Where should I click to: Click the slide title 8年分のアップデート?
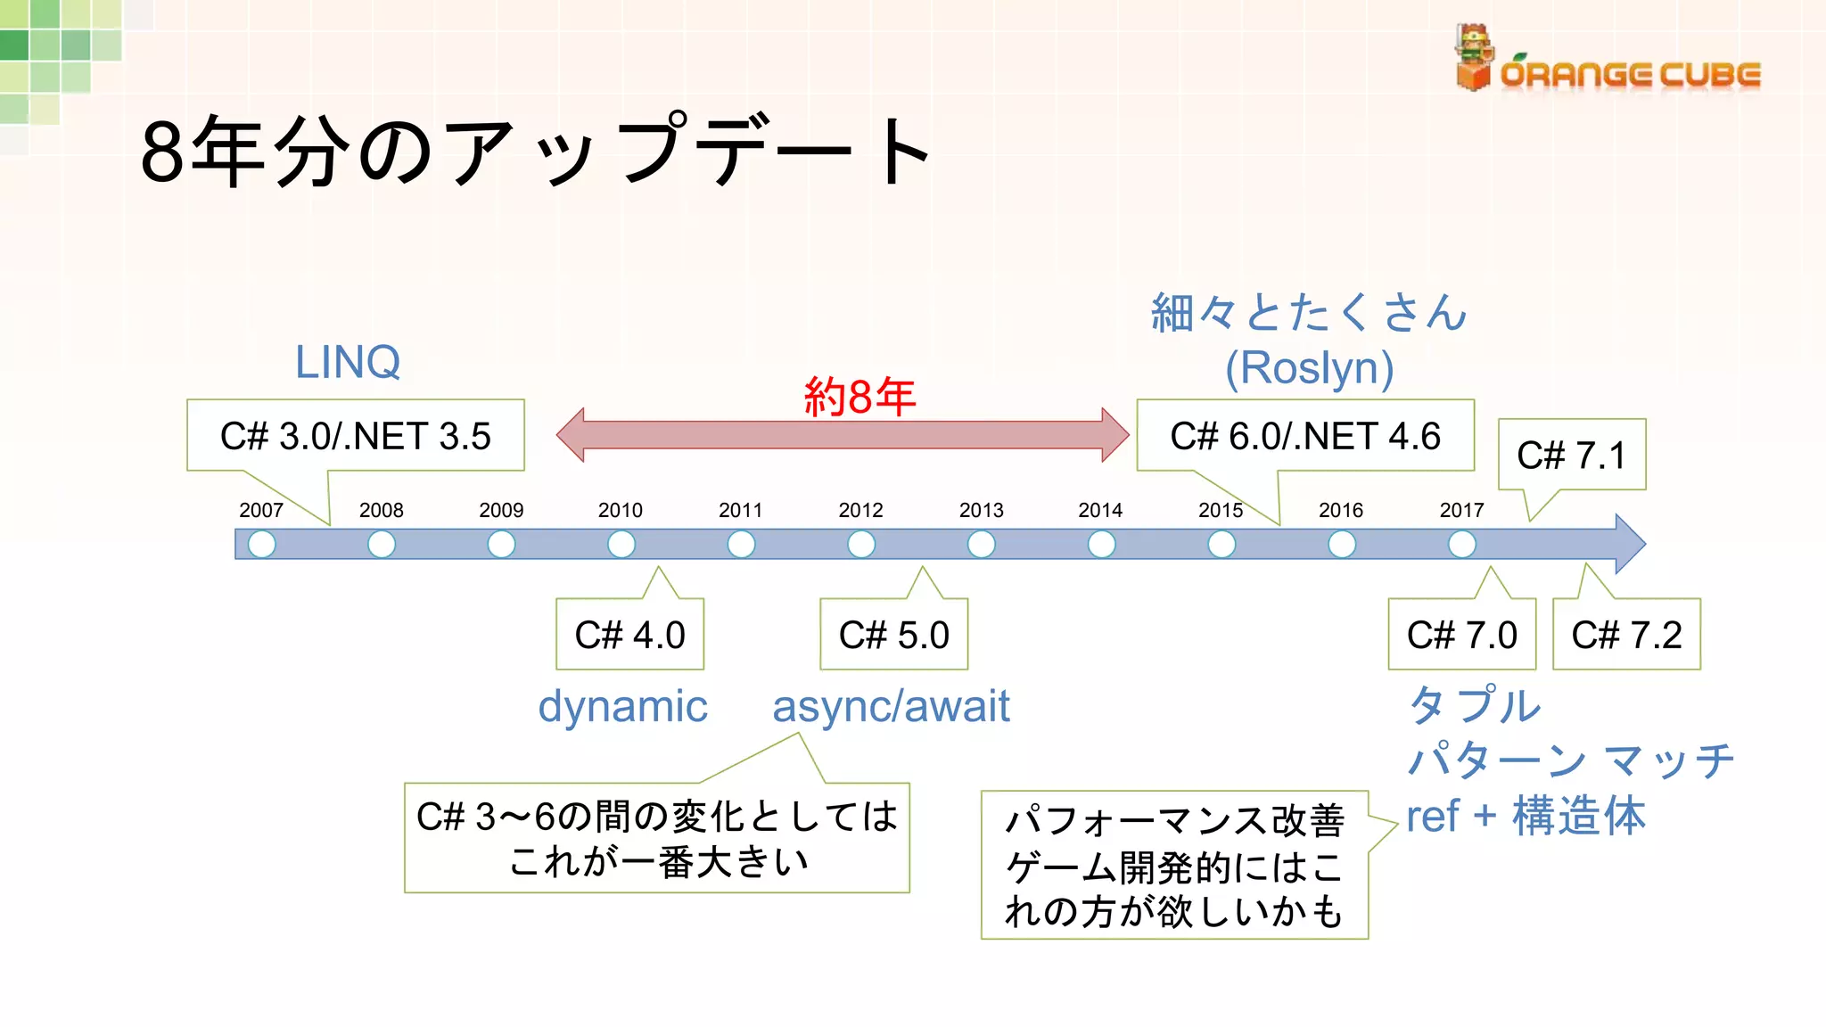click(x=535, y=152)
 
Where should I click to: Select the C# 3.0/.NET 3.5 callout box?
click(x=355, y=436)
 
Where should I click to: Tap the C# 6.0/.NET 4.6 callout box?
click(x=1304, y=436)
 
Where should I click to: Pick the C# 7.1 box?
click(x=1571, y=456)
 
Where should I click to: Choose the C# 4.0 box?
click(x=629, y=635)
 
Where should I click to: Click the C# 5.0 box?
click(x=893, y=635)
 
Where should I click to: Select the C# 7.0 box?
click(x=1461, y=635)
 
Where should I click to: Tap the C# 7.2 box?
click(x=1626, y=635)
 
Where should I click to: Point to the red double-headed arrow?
click(x=842, y=436)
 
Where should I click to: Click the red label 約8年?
click(x=860, y=396)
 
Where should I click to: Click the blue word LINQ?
click(x=348, y=362)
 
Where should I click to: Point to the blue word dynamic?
click(x=622, y=706)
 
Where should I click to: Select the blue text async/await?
click(x=891, y=706)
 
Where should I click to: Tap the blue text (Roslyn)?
click(x=1309, y=367)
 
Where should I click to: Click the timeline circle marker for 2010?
click(x=621, y=544)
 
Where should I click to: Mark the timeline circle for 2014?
click(x=1101, y=544)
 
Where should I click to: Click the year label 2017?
click(x=1461, y=510)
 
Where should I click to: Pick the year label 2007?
click(x=261, y=510)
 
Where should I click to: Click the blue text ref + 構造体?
click(x=1526, y=816)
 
